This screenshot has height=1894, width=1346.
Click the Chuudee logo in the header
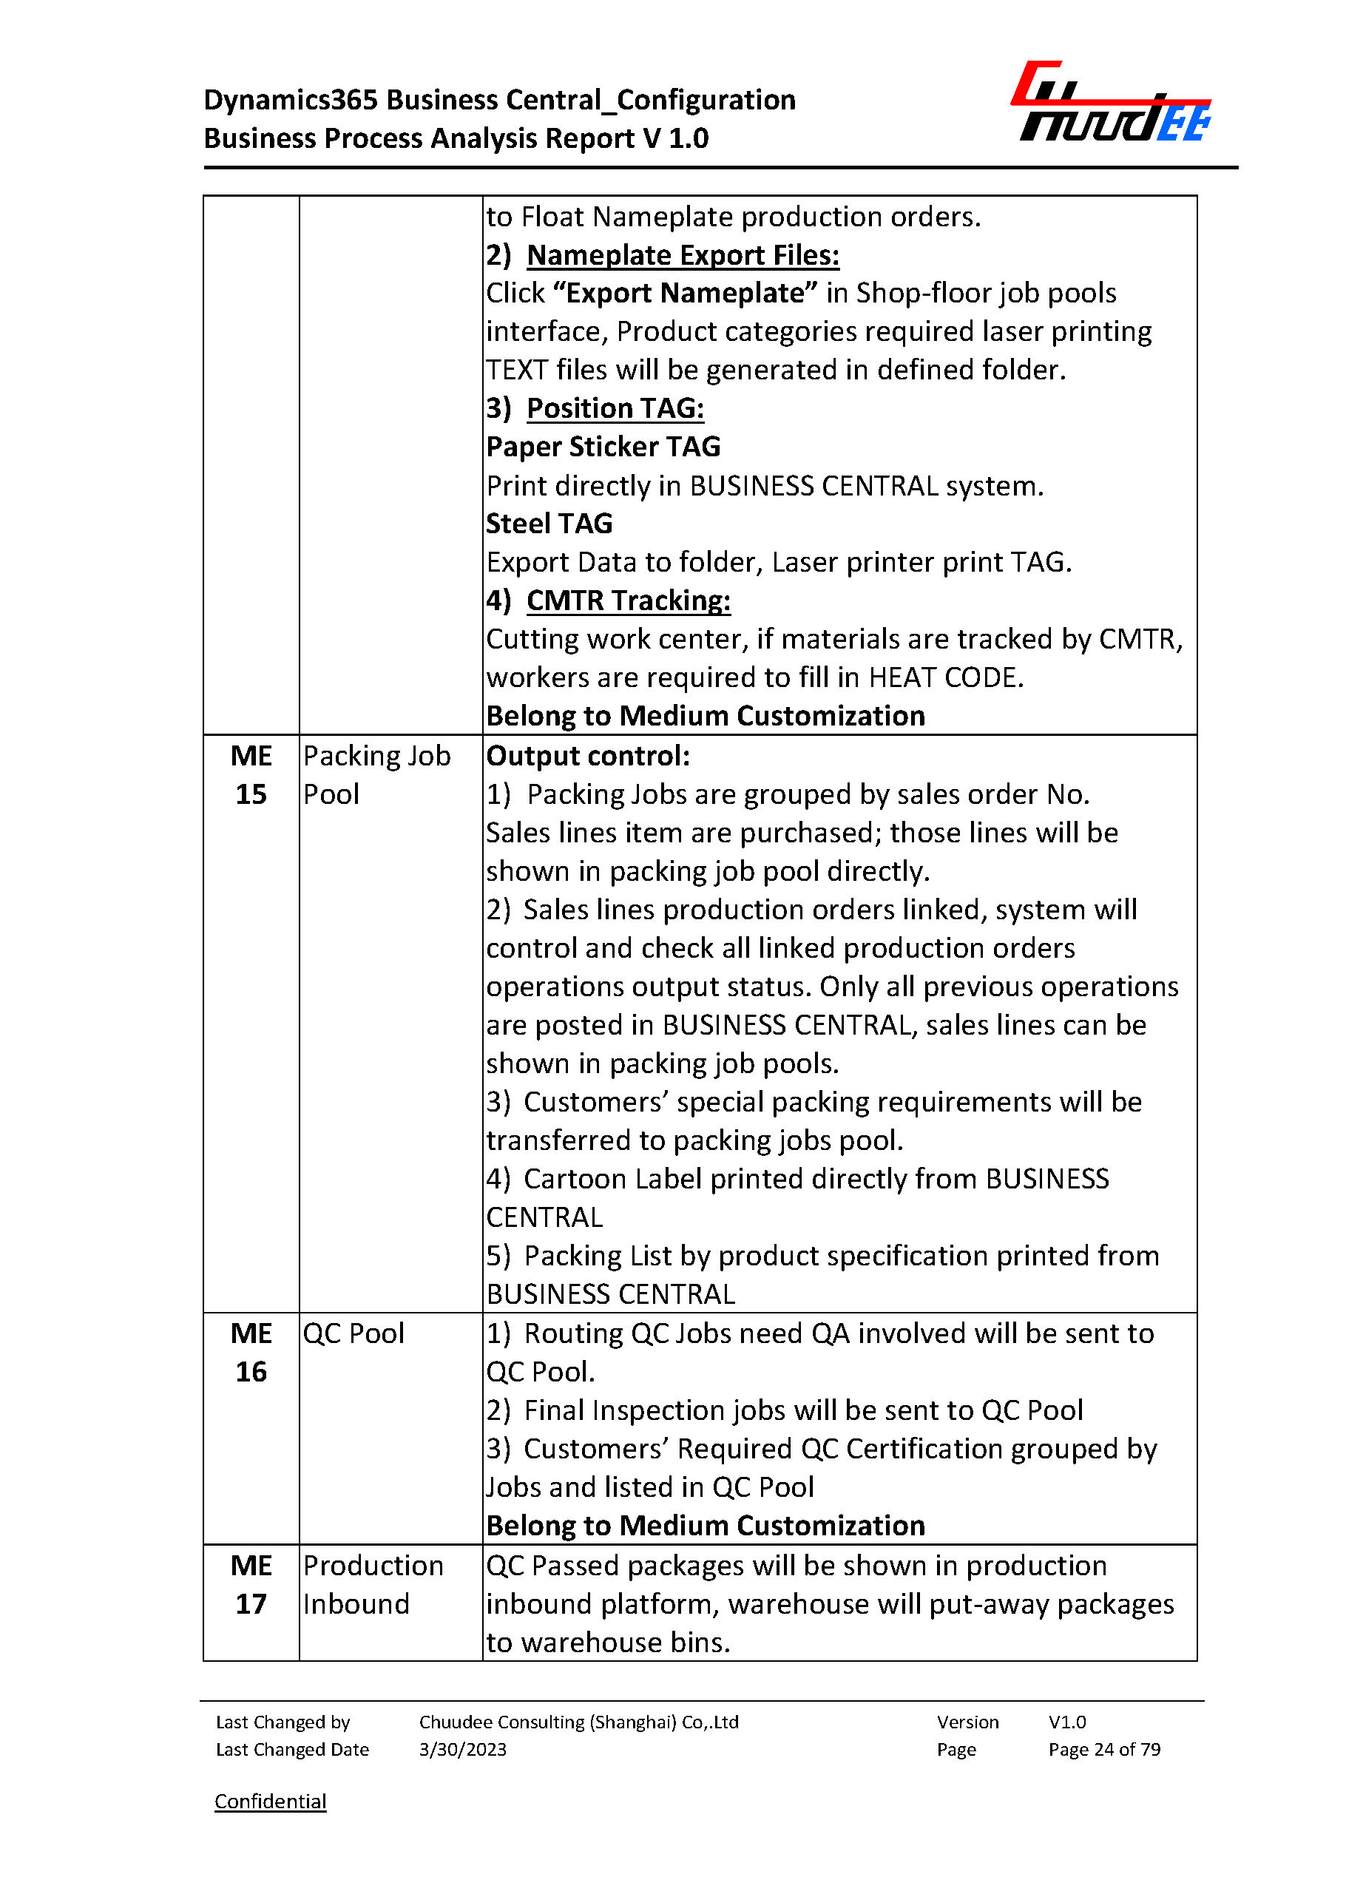point(1111,102)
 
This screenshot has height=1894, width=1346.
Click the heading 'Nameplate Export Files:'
point(682,255)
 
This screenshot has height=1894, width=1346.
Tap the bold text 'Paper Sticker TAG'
point(603,447)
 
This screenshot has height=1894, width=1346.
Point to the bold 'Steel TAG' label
point(549,524)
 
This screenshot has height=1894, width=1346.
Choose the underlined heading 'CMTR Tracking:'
point(628,600)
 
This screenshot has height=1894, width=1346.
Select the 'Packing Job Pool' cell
point(376,775)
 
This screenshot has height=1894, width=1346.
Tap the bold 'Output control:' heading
point(588,756)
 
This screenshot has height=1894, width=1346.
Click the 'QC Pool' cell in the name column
point(353,1333)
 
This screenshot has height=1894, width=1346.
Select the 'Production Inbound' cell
point(372,1585)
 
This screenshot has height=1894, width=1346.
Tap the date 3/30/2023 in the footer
point(462,1750)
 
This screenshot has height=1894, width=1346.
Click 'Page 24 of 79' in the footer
point(1104,1750)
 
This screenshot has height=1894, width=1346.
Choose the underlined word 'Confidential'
point(270,1801)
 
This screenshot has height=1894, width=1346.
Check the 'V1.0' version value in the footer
point(1066,1722)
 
